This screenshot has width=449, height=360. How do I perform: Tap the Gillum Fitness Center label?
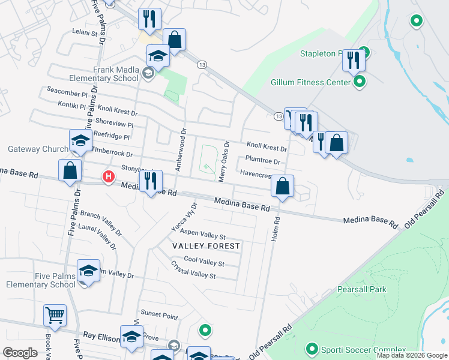[x=310, y=82]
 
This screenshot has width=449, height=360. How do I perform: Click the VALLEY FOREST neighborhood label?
[x=206, y=246]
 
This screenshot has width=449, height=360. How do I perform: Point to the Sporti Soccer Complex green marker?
[x=312, y=349]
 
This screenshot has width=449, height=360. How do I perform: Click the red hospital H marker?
[x=109, y=177]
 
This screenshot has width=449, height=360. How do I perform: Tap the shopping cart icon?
[x=55, y=315]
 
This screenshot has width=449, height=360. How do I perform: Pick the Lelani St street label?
[x=84, y=32]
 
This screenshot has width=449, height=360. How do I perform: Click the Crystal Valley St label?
[x=193, y=270]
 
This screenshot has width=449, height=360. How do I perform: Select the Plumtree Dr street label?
[x=262, y=161]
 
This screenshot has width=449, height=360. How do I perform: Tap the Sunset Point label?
[x=159, y=314]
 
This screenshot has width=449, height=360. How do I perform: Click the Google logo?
[x=20, y=353]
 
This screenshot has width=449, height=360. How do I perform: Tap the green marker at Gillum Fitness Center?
[x=360, y=82]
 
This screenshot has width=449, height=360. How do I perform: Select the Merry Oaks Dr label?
[x=223, y=161]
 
